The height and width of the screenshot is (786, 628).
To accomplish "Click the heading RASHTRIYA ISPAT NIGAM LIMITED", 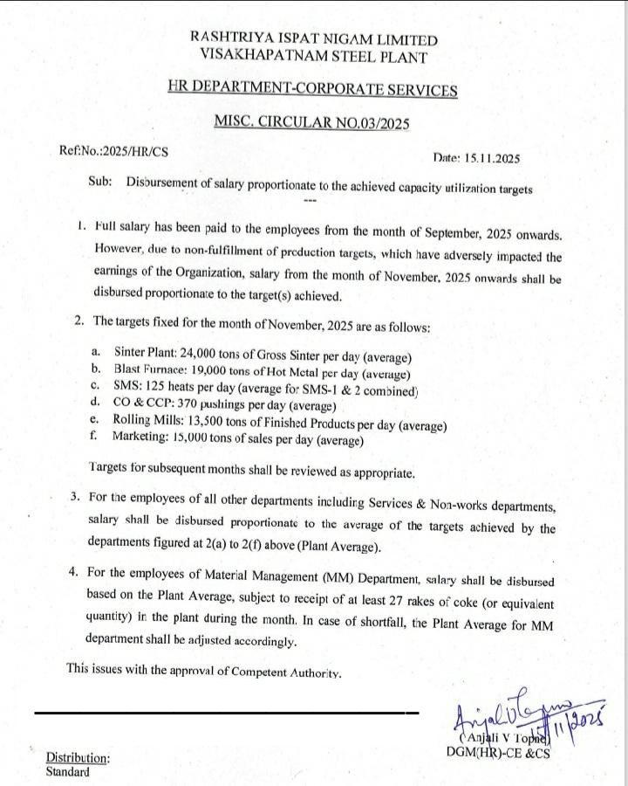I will [x=314, y=40].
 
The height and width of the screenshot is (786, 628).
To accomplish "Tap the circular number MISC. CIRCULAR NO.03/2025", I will [x=311, y=123].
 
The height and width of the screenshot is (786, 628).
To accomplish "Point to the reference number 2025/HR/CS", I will [x=135, y=151].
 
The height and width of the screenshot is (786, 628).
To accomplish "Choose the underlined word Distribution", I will [x=78, y=759].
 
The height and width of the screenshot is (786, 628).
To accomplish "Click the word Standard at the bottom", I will [x=67, y=772].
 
